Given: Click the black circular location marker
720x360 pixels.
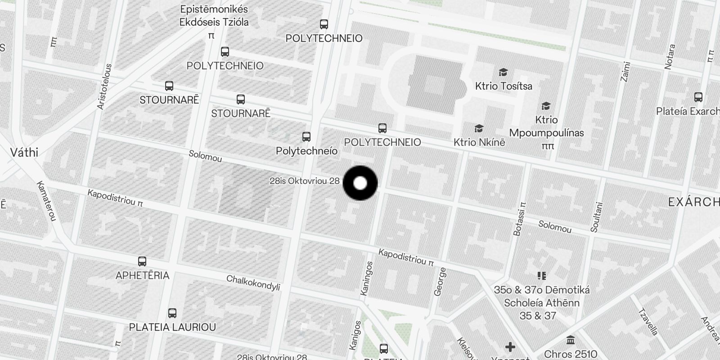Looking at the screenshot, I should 360,183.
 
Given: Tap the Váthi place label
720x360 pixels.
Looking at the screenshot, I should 24,153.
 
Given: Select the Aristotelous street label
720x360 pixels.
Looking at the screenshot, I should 104,86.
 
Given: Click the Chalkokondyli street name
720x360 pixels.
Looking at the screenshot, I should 253,283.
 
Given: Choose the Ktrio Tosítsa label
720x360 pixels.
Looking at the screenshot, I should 504,86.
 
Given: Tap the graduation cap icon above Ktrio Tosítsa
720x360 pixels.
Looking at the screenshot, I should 503,72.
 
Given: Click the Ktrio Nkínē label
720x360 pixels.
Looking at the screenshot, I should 479,142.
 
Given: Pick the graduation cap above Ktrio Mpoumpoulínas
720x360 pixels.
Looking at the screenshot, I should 546,106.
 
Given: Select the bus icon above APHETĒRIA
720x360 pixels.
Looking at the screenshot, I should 142,261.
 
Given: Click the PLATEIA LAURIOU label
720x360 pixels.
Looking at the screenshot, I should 172,327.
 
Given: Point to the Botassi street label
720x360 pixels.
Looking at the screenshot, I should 519,218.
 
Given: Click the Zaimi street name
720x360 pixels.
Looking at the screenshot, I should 625,72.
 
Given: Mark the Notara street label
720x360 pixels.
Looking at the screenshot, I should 670,57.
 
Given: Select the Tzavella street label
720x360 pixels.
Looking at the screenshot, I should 648,322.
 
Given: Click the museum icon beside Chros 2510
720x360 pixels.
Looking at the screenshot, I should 571,340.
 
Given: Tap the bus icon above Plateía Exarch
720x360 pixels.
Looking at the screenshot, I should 698,97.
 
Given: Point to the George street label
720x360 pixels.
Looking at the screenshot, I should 440,282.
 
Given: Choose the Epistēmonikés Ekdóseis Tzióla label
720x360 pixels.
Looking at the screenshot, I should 214,16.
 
